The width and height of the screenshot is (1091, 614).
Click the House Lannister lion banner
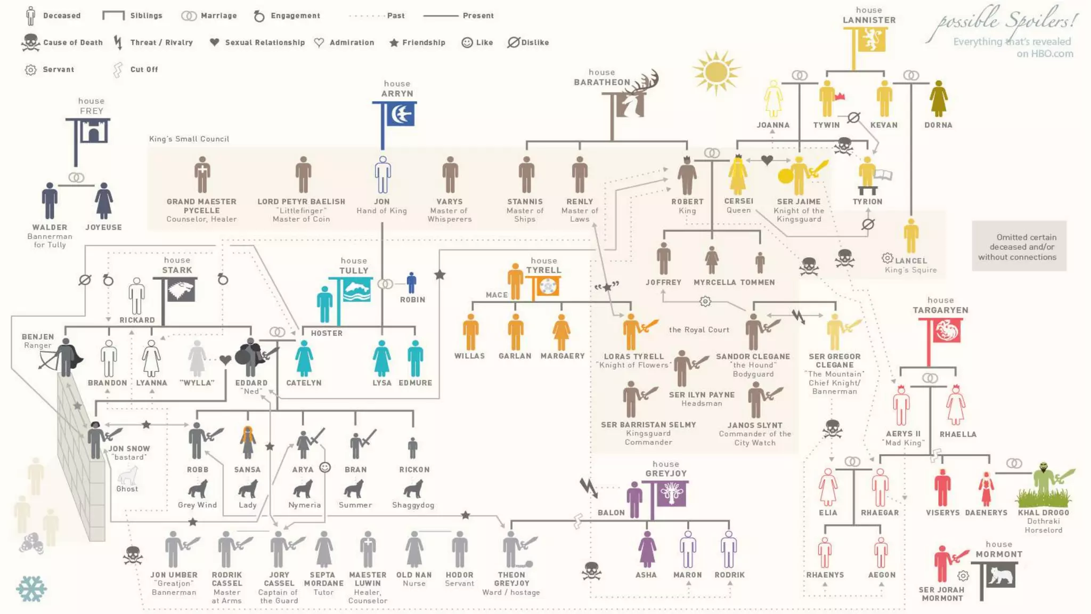pos(870,39)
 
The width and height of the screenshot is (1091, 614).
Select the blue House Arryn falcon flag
pos(401,114)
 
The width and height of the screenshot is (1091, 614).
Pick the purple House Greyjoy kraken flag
pos(670,494)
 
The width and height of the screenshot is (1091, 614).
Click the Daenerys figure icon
pos(986,489)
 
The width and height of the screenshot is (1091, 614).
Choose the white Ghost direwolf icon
pos(128,475)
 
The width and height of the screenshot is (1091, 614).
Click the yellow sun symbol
pos(715,72)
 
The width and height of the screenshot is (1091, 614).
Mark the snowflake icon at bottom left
pos(31,589)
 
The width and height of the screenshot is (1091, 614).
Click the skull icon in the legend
pos(30,43)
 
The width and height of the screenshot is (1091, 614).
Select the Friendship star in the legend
pos(394,43)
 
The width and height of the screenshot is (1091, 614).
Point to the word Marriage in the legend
pos(218,16)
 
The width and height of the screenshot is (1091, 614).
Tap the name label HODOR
pos(459,575)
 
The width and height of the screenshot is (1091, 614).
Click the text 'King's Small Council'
pos(189,139)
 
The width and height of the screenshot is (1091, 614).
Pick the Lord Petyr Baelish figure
pos(303,175)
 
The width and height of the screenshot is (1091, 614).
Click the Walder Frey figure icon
pos(50,200)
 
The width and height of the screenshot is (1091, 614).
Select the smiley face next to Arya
pos(325,467)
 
